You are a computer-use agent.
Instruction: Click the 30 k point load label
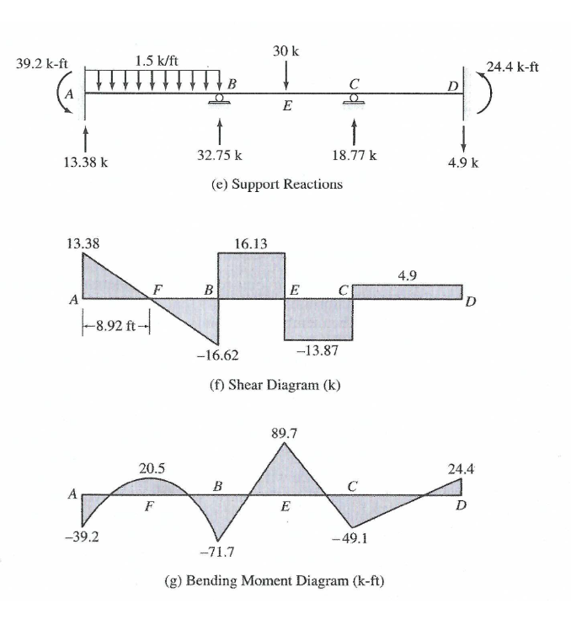(x=286, y=51)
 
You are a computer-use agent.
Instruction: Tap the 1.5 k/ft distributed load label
(x=156, y=61)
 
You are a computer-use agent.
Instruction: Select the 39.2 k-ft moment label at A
(x=41, y=63)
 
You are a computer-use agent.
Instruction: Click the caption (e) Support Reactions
(x=277, y=184)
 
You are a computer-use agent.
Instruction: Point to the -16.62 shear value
(x=215, y=356)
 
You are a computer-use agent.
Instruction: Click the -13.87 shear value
(x=318, y=350)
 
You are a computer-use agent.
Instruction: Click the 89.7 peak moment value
(x=285, y=435)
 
